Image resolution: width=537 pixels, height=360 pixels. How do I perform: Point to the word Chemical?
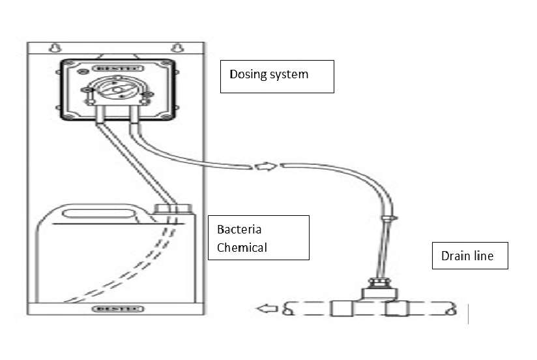pyautogui.click(x=242, y=248)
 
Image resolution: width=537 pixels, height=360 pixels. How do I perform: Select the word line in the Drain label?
pyautogui.click(x=482, y=256)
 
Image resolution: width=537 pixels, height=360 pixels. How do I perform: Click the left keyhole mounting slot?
pyautogui.click(x=55, y=47)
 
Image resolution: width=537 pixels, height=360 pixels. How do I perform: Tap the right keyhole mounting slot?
pyautogui.click(x=177, y=47)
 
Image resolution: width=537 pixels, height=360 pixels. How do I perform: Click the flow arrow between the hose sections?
pyautogui.click(x=263, y=166)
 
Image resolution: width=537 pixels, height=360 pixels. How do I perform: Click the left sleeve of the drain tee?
pyautogui.click(x=341, y=308)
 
